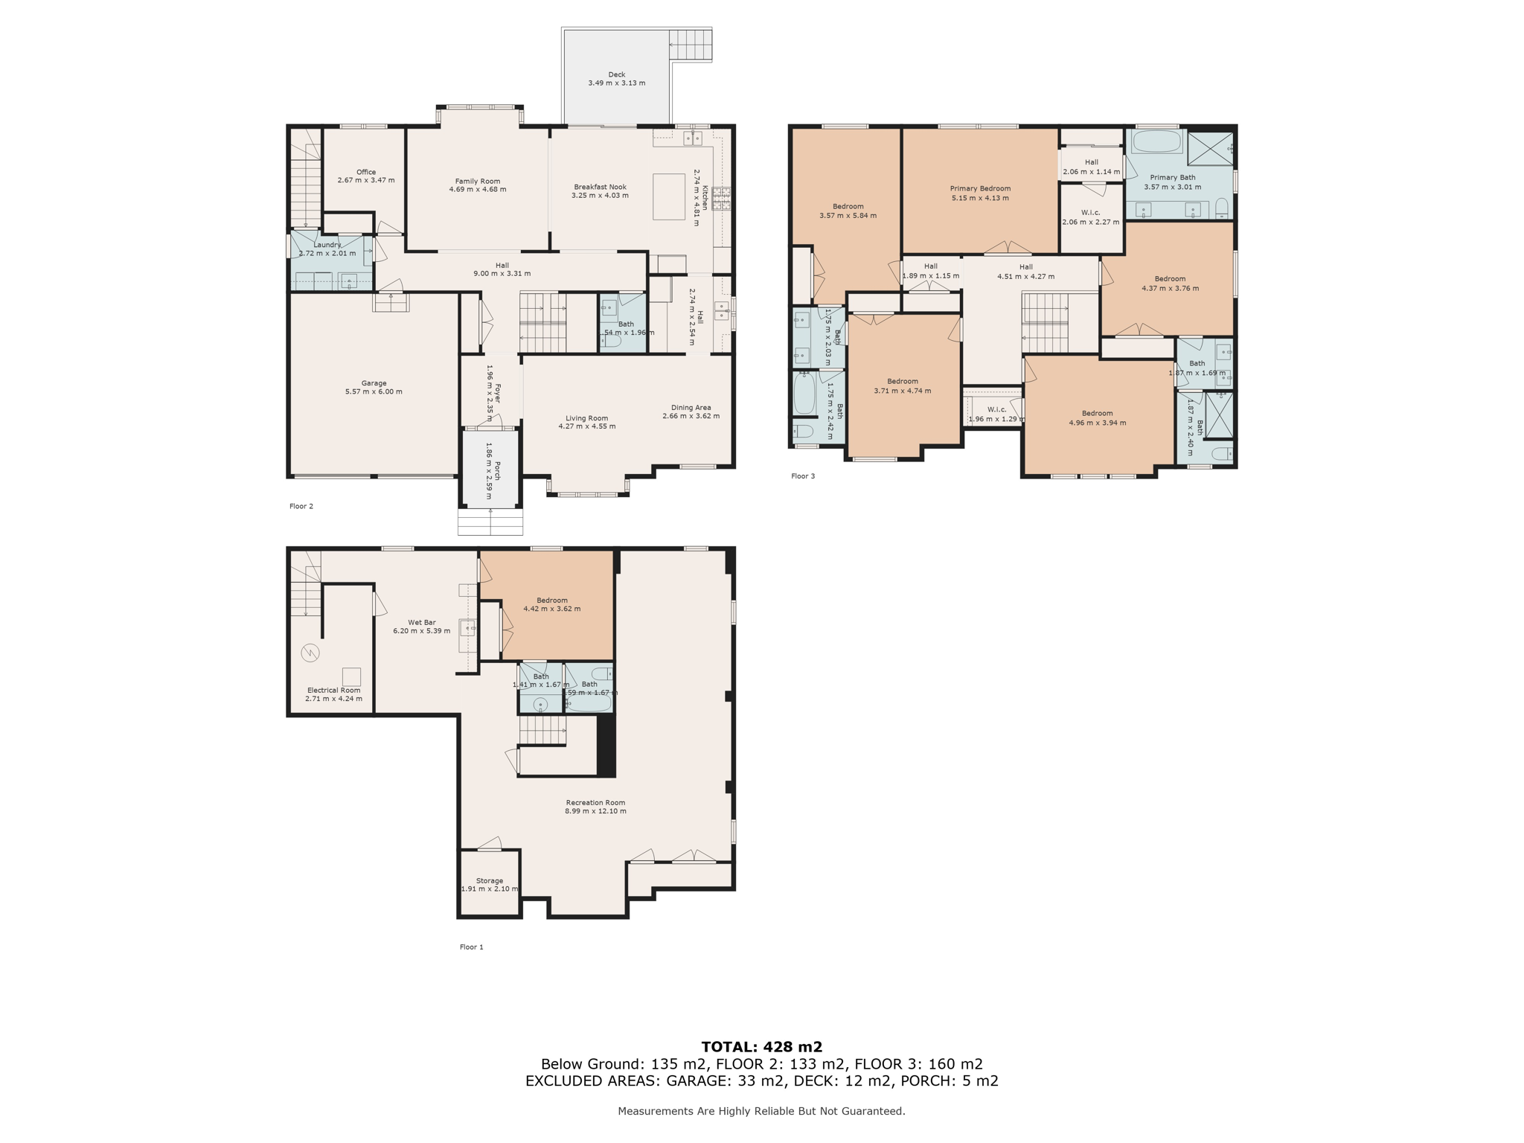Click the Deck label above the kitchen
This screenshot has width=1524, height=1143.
pos(616,74)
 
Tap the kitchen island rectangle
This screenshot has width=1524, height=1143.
pos(668,196)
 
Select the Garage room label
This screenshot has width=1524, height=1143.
pos(374,383)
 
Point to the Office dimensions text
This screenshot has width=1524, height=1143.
pos(365,180)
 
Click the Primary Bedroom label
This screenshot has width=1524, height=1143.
pos(980,188)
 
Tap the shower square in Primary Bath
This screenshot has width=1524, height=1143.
pos(1209,148)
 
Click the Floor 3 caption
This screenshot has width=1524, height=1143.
pos(803,476)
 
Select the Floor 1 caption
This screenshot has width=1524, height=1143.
pos(471,947)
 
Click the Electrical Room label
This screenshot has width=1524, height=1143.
pos(333,690)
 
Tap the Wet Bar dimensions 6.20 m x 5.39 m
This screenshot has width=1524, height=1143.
pos(421,631)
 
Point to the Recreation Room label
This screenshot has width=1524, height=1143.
pos(595,802)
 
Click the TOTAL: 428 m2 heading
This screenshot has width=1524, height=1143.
pos(761,1047)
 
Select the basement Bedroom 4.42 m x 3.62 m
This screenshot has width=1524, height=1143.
pos(551,604)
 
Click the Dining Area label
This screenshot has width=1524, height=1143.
pos(691,407)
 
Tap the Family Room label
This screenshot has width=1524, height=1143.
pos(477,181)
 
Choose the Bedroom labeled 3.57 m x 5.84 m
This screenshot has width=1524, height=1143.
pos(848,211)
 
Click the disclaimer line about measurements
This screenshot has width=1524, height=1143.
pos(761,1111)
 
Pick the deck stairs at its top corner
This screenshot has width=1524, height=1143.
pos(690,45)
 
